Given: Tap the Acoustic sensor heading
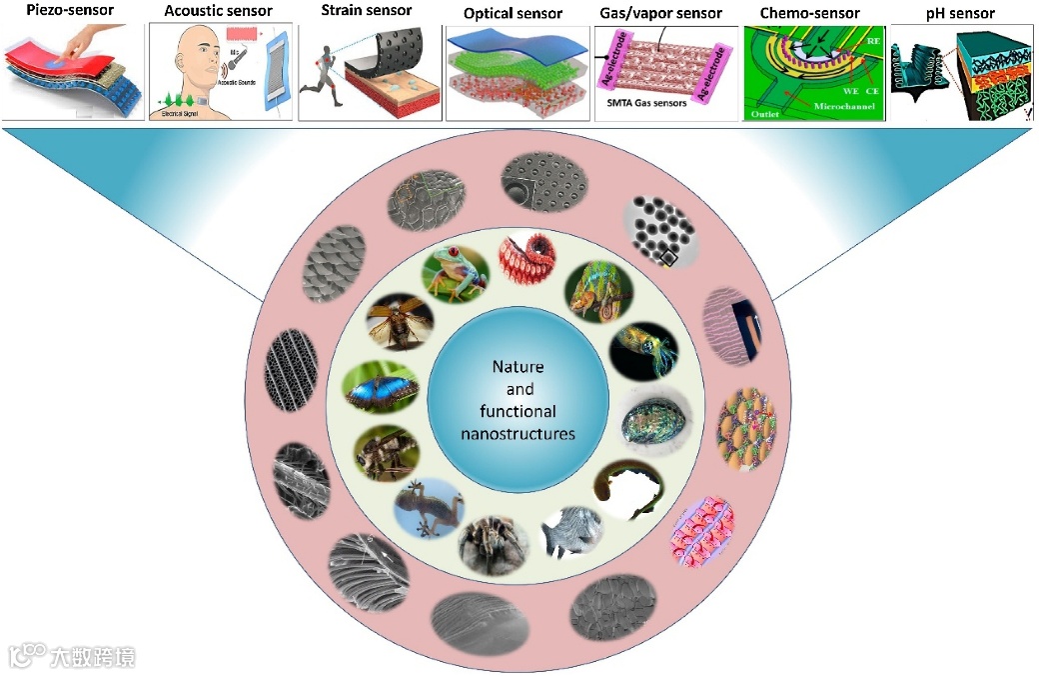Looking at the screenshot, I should click(x=218, y=11).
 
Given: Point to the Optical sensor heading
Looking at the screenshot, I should click(x=514, y=14).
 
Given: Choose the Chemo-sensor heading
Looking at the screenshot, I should click(x=810, y=13).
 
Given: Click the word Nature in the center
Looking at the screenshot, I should click(x=518, y=367).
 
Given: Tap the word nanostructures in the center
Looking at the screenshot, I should click(x=518, y=434).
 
